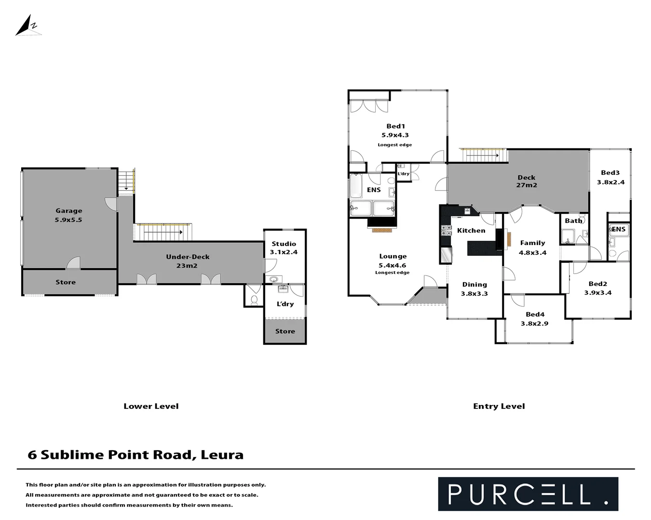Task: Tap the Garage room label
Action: coord(68,210)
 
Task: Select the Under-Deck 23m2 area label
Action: coord(187,261)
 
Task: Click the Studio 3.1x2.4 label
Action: coord(284,247)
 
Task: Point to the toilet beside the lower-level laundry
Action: coord(254,299)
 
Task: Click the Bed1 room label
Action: coord(395,126)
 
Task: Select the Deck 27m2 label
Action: coord(526,181)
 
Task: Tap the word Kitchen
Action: coord(471,231)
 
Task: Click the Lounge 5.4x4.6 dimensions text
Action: coord(392,265)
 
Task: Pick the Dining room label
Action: coord(475,285)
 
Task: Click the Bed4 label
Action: coord(535,314)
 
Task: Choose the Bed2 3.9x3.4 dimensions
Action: coord(597,293)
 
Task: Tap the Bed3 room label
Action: coord(610,172)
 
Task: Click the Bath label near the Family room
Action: coord(573,221)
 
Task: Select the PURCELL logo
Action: coord(528,494)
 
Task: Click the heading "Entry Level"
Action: coord(499,406)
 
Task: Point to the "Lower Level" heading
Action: coord(151,406)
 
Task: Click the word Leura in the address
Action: coord(222,455)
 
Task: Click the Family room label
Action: coord(532,243)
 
